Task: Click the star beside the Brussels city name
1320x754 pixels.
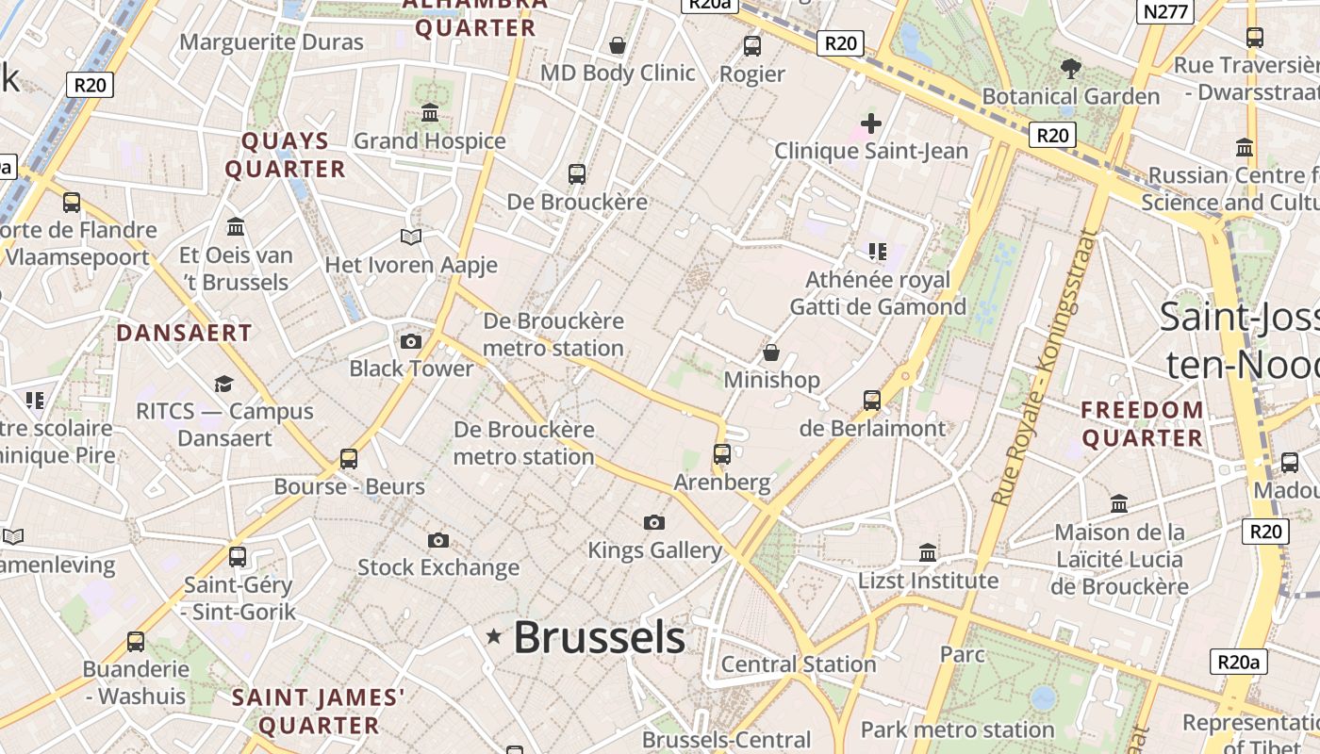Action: pos(493,637)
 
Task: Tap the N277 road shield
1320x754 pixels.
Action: pos(1166,11)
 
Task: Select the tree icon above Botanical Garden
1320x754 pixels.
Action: pos(1070,68)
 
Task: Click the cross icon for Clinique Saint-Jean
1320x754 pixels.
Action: pos(871,123)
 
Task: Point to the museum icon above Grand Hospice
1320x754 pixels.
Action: pos(430,113)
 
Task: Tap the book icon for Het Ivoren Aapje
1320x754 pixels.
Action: pos(411,237)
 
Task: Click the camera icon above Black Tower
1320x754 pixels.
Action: pos(411,341)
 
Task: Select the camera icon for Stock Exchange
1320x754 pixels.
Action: pos(437,540)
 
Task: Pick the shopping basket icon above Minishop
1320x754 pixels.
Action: pos(771,352)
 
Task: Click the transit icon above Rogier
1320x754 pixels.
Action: pos(752,45)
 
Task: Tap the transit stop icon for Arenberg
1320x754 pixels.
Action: pos(722,454)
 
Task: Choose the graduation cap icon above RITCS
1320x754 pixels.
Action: pos(223,384)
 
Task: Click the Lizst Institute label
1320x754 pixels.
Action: pos(928,581)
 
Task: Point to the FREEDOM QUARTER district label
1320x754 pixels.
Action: pos(1142,424)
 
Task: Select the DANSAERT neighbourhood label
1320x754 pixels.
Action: pos(184,333)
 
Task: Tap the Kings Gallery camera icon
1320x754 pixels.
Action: pos(654,522)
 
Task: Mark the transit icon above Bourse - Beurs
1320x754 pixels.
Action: pos(349,459)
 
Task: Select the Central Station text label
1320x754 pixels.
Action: pos(799,664)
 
